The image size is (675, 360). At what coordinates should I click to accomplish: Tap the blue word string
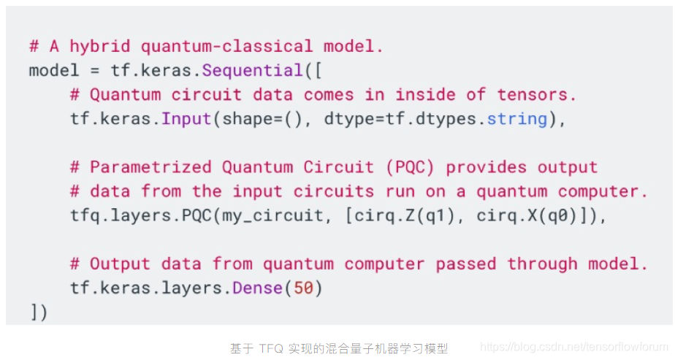click(x=516, y=119)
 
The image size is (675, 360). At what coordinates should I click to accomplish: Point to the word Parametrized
click(x=151, y=167)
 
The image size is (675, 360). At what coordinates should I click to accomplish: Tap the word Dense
click(x=257, y=288)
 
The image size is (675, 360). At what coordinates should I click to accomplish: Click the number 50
click(x=303, y=288)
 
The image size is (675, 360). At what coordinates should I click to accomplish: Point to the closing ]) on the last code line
click(x=39, y=313)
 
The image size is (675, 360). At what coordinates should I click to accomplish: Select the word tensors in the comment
click(x=537, y=95)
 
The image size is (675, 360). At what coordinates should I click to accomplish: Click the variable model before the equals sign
click(x=54, y=71)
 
